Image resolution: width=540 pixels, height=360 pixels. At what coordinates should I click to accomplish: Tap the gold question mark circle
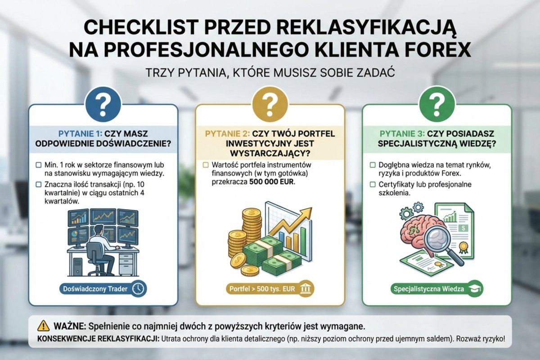pyautogui.click(x=270, y=104)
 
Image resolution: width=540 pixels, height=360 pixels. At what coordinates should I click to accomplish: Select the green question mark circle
pyautogui.click(x=436, y=104)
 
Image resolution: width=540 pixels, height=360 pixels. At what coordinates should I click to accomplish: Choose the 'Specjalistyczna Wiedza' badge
pyautogui.click(x=435, y=289)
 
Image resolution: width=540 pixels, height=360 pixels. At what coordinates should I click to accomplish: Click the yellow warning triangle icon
pyautogui.click(x=44, y=325)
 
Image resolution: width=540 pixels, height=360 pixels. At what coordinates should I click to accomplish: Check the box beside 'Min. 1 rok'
pyautogui.click(x=39, y=165)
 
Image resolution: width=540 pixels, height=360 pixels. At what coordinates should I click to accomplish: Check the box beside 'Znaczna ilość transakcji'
pyautogui.click(x=39, y=184)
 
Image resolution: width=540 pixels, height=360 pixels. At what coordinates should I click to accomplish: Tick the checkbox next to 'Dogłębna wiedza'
pyautogui.click(x=373, y=165)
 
